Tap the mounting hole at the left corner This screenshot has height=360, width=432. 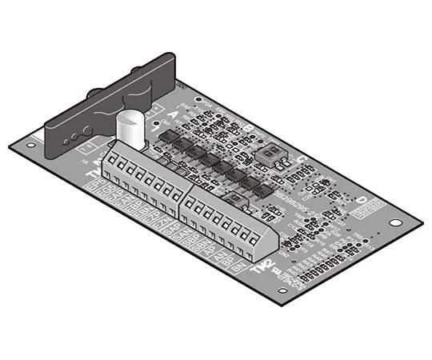coord(30,146)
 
